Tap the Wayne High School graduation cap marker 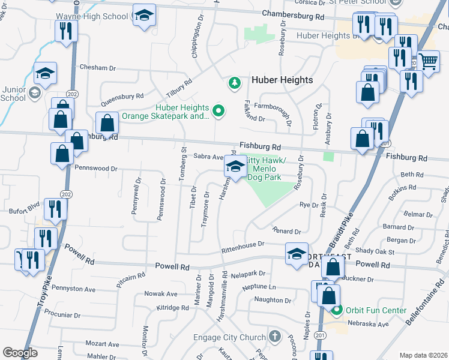click(x=143, y=16)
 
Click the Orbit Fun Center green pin click(x=337, y=310)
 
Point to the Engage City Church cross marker click(x=275, y=337)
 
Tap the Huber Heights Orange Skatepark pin click(x=219, y=110)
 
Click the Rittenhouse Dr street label click(x=243, y=244)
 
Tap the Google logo click(x=20, y=353)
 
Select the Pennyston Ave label click(x=74, y=289)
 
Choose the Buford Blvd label click(x=24, y=211)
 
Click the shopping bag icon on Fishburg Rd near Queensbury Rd click(x=106, y=124)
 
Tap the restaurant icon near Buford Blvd click(x=56, y=208)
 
